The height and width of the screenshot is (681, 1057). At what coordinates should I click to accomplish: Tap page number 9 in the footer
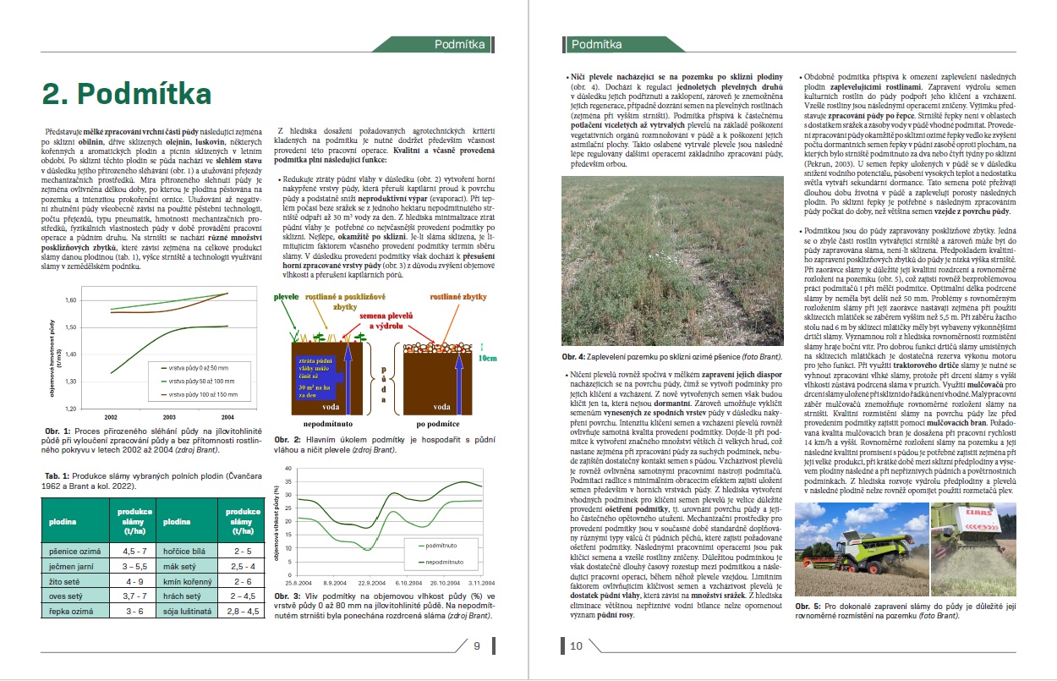click(476, 646)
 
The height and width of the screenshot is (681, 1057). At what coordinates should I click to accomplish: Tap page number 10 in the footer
click(576, 646)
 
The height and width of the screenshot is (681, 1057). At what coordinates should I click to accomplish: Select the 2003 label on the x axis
click(170, 418)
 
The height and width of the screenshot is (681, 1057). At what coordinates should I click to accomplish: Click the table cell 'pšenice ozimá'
click(72, 550)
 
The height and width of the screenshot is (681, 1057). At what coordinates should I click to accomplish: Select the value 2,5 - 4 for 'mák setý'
click(242, 566)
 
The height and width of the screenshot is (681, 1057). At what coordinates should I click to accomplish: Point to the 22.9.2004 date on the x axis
click(370, 583)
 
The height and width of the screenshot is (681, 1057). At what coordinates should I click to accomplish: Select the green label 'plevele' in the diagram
click(286, 299)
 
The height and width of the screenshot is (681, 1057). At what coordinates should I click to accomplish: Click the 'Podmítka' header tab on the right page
click(596, 44)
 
